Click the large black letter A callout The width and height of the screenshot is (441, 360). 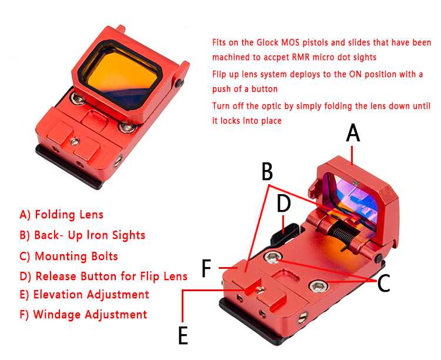(x=353, y=134)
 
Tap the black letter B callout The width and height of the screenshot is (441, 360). (x=267, y=171)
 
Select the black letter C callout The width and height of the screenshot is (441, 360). (x=383, y=283)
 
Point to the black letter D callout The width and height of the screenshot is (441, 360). (x=283, y=204)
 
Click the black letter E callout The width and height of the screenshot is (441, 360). (x=183, y=335)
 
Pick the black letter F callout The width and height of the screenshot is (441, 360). (x=207, y=268)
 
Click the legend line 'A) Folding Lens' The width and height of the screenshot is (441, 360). (x=62, y=215)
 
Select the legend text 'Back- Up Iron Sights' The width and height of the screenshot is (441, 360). (x=90, y=235)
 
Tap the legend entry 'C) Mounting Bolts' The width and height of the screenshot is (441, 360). (x=69, y=256)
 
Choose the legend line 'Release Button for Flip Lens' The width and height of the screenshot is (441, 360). (x=111, y=276)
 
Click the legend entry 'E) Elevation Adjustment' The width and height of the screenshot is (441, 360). (x=84, y=295)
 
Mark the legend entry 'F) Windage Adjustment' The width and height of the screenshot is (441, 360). (x=83, y=314)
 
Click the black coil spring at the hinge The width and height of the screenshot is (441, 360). (x=344, y=231)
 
